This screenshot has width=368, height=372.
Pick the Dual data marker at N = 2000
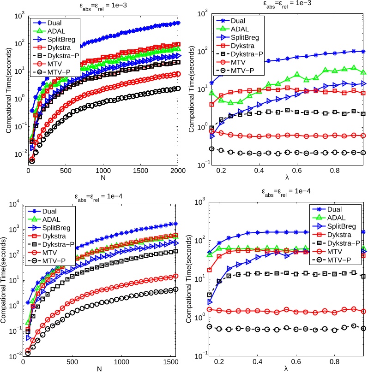(x=178, y=23)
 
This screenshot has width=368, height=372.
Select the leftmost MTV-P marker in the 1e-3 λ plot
(x=212, y=149)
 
